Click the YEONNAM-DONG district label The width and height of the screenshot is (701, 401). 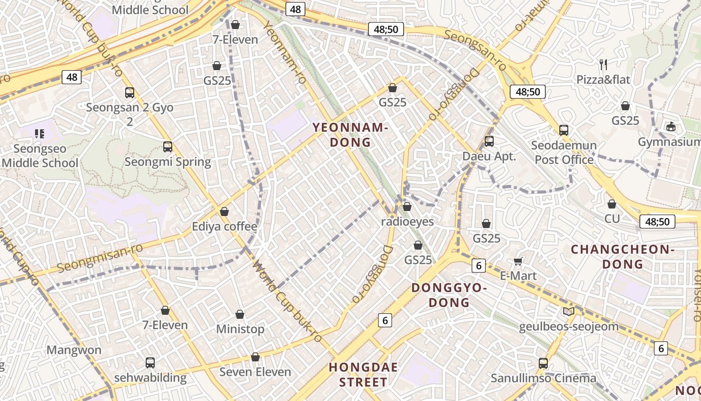(350, 135)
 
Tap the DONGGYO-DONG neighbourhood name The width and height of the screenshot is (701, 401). (449, 295)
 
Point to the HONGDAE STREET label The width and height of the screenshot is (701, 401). (364, 374)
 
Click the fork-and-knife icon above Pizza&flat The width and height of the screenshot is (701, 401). (603, 64)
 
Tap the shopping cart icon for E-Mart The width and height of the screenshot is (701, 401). (518, 261)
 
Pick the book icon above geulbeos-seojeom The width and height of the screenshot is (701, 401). (569, 312)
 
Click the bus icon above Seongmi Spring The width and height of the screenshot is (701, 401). (168, 147)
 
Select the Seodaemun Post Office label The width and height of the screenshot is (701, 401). (564, 152)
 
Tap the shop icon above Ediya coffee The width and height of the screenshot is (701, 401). (224, 212)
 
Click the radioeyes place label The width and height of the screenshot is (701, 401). (408, 221)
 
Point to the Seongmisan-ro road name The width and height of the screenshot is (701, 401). (100, 258)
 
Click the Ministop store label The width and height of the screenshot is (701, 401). (240, 329)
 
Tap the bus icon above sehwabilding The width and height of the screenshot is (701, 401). (150, 362)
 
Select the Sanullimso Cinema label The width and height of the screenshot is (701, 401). (543, 378)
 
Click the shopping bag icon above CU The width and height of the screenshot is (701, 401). (611, 204)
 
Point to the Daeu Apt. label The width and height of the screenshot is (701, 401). (489, 156)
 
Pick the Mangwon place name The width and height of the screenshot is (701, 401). (74, 350)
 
